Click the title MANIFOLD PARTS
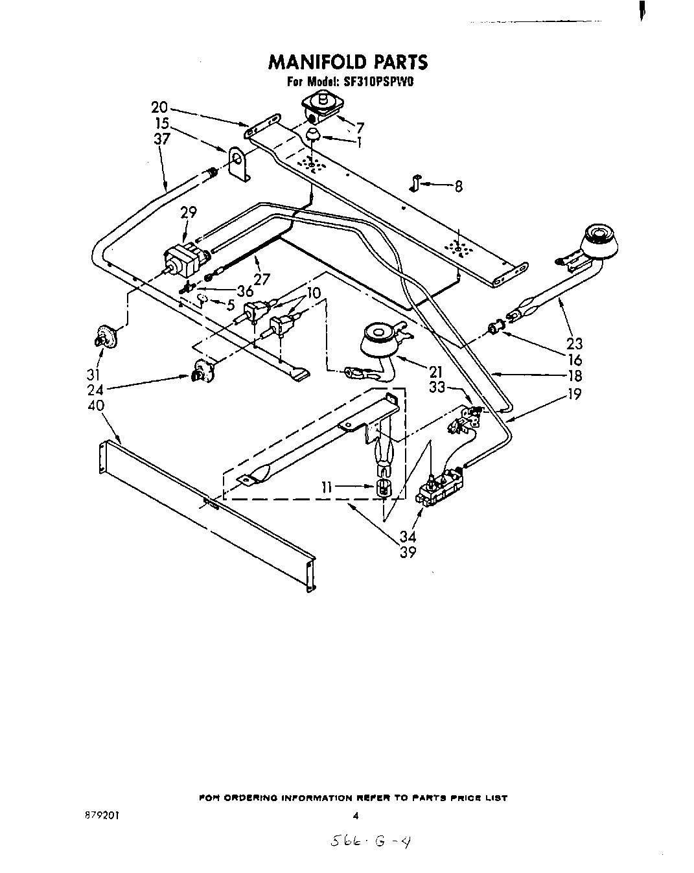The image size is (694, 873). [x=348, y=62]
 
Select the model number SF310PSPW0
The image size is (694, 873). [x=385, y=82]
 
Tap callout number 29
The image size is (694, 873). [x=188, y=212]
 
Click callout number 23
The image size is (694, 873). [x=574, y=344]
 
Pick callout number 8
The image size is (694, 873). [x=458, y=187]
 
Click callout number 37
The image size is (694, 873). [x=162, y=139]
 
